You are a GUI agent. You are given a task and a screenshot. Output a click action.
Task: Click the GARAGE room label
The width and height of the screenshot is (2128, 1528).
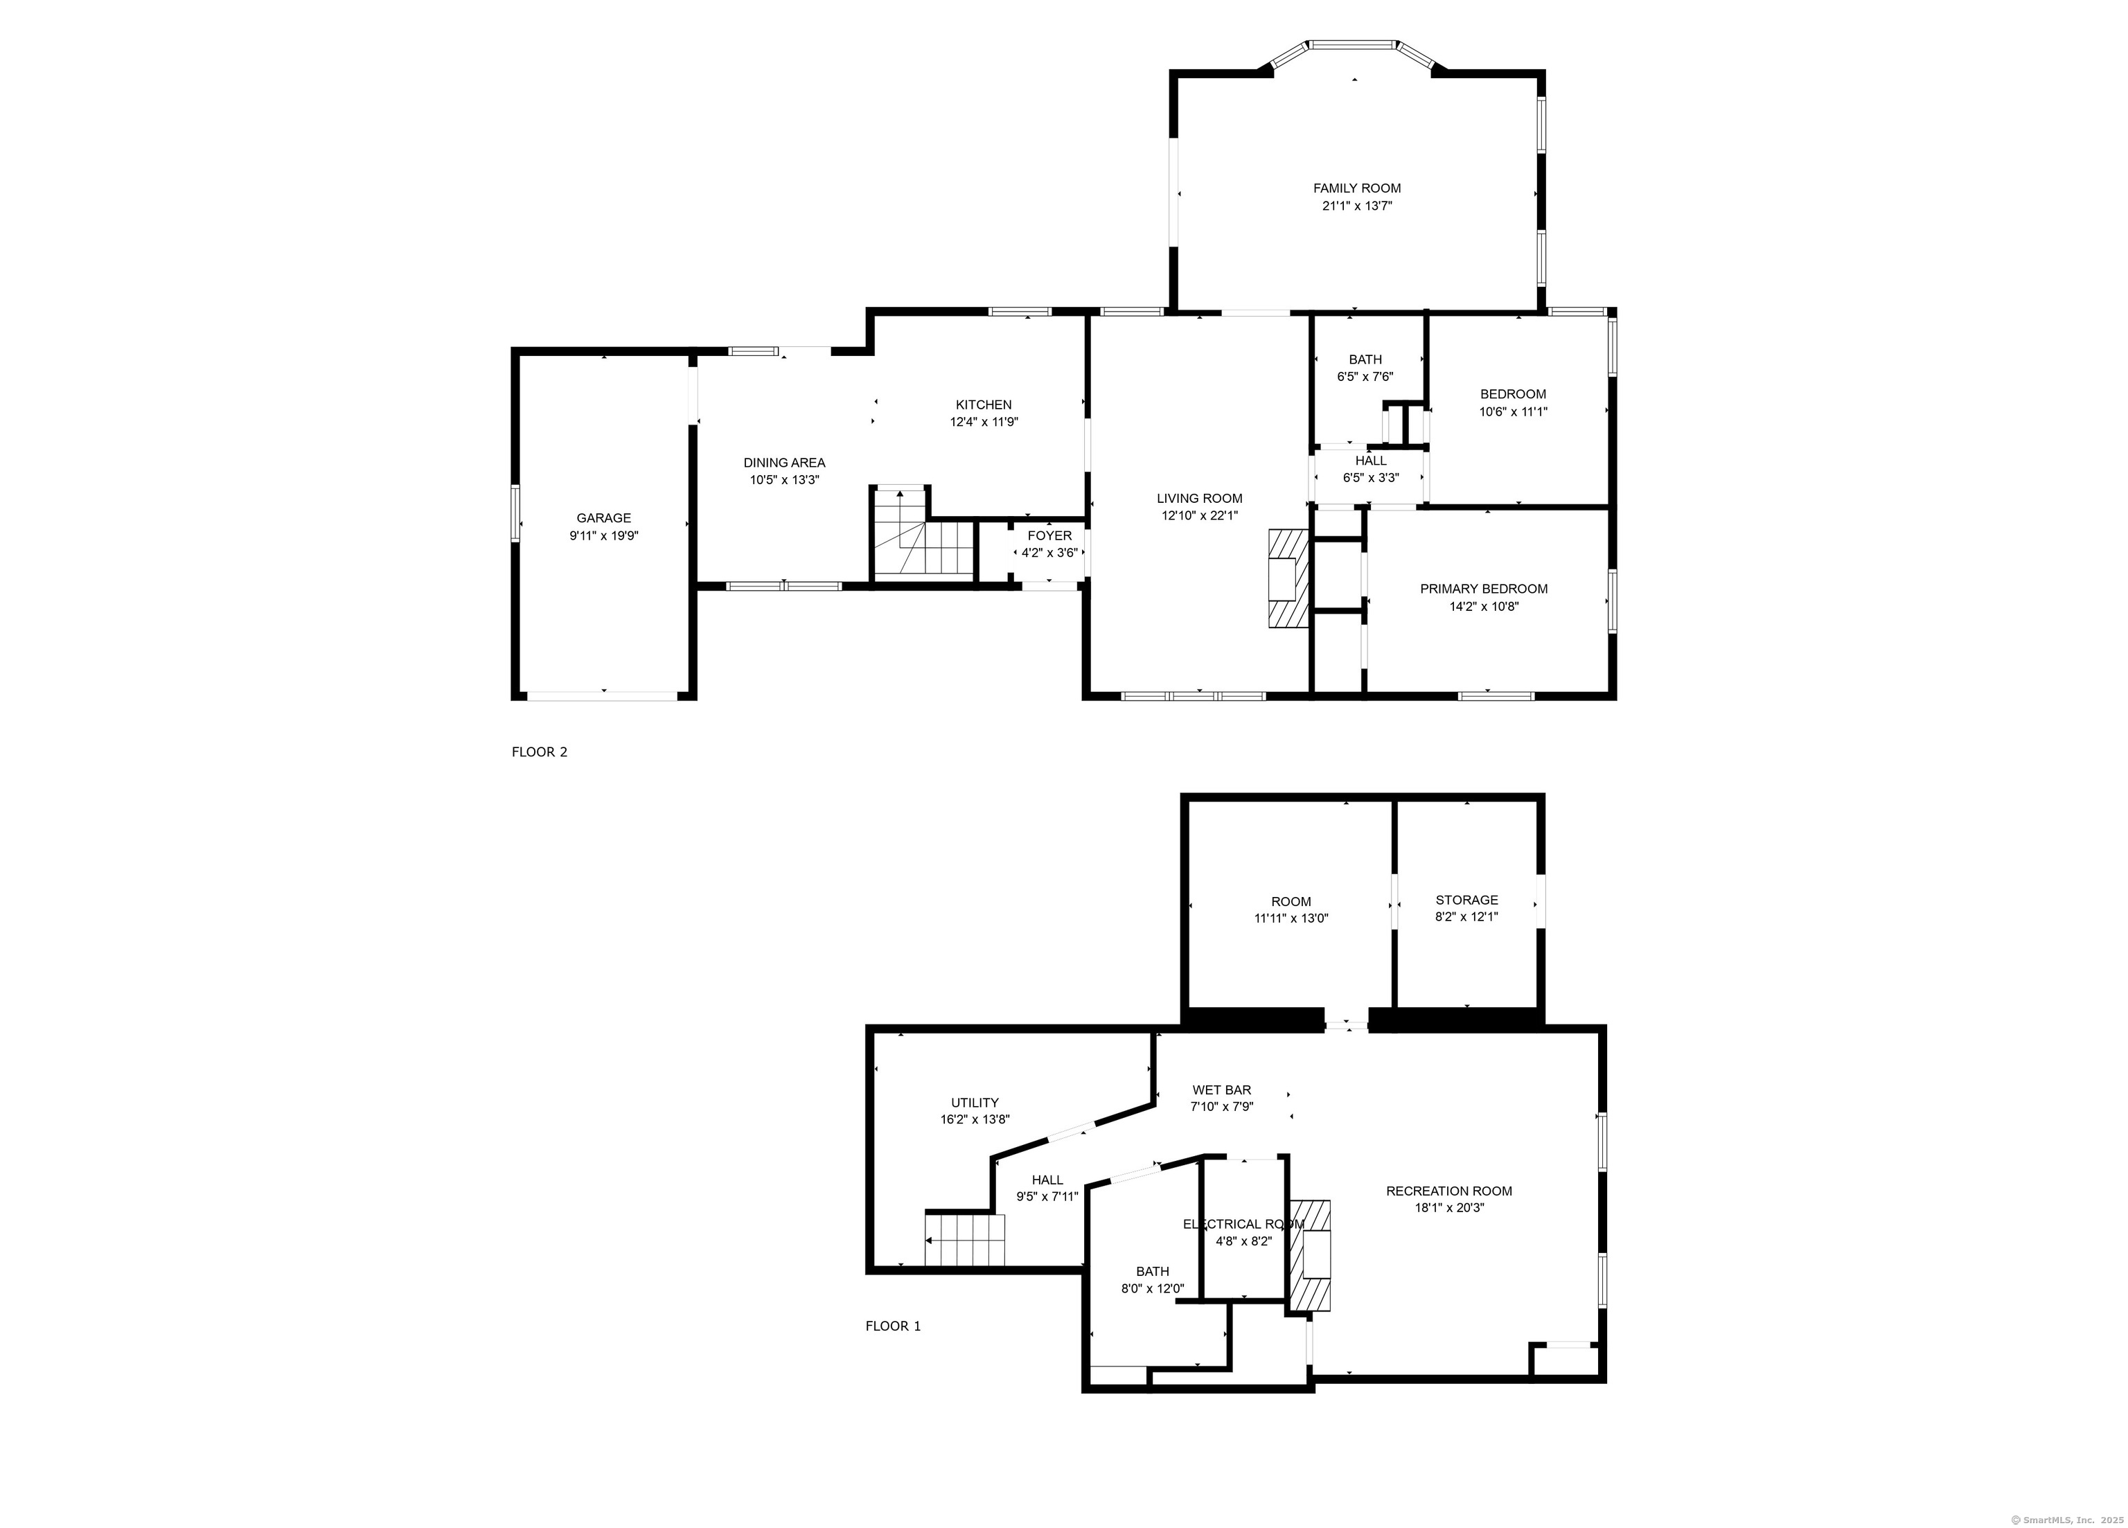tap(603, 518)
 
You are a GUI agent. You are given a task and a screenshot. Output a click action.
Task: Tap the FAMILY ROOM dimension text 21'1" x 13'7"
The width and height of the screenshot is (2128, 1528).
tap(1357, 206)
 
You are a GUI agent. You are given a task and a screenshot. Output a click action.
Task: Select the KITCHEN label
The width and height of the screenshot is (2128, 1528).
tap(984, 405)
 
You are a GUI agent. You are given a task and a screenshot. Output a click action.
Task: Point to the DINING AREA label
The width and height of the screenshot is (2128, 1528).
tap(784, 463)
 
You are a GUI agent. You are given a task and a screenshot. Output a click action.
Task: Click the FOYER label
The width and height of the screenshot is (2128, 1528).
tap(1049, 535)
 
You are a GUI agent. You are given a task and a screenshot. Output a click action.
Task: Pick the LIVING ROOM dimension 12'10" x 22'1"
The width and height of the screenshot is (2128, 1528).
tap(1199, 516)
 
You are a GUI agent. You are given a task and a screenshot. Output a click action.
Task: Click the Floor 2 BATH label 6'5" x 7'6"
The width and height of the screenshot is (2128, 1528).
tap(1365, 368)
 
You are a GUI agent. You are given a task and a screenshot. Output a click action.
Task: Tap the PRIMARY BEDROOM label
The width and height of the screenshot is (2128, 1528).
tap(1483, 589)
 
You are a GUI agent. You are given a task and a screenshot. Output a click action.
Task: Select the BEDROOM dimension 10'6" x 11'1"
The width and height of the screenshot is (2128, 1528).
tap(1514, 411)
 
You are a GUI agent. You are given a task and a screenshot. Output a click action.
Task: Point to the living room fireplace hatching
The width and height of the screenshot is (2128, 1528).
tap(1288, 578)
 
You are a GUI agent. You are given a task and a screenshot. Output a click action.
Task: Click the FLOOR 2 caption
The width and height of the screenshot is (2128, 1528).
tap(540, 752)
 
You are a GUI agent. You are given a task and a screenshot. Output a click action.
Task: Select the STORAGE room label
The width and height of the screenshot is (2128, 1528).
tap(1466, 900)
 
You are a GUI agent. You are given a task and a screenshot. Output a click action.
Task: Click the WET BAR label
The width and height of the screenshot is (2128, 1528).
tap(1222, 1090)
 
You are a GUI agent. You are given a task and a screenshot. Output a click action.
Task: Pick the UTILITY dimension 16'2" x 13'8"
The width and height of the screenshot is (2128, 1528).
tap(975, 1119)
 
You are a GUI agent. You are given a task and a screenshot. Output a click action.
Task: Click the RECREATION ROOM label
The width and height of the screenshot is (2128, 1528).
tap(1448, 1191)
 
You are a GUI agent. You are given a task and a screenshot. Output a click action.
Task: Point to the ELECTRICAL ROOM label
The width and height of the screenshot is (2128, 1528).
tap(1243, 1224)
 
